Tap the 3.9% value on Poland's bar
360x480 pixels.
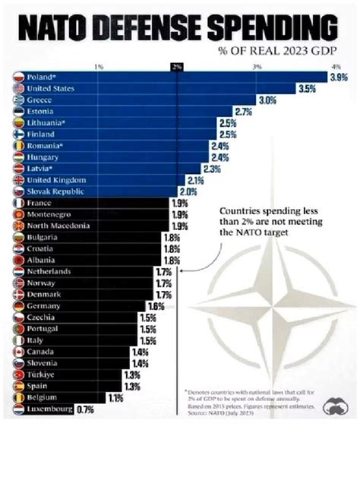coord(339,77)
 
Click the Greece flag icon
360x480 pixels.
coord(19,100)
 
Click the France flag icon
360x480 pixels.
coord(19,203)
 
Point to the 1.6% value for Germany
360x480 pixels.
coord(156,306)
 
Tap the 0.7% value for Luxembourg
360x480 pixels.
coord(85,410)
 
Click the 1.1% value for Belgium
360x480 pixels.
coord(115,398)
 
